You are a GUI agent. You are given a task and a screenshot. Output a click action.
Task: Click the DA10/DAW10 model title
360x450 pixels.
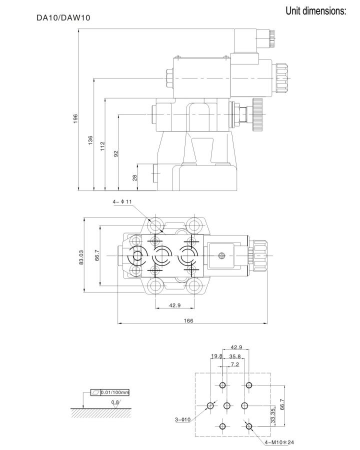(63, 18)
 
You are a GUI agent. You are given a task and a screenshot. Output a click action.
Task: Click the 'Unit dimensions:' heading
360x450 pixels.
(316, 11)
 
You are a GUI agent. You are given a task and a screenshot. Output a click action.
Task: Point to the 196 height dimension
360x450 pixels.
(75, 118)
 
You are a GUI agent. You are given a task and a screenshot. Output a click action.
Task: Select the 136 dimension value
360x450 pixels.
(90, 140)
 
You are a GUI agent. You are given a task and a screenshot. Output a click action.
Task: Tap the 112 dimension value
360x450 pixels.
(102, 146)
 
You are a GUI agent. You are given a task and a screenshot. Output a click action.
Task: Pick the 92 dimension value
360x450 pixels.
(116, 153)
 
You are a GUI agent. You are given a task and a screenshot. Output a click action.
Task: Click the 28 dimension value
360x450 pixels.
(134, 177)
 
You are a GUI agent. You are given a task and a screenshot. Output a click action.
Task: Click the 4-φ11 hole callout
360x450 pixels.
(122, 202)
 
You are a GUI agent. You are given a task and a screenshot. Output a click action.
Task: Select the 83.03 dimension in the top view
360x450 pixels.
(81, 257)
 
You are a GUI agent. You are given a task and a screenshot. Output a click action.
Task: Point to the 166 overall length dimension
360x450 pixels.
(188, 320)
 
